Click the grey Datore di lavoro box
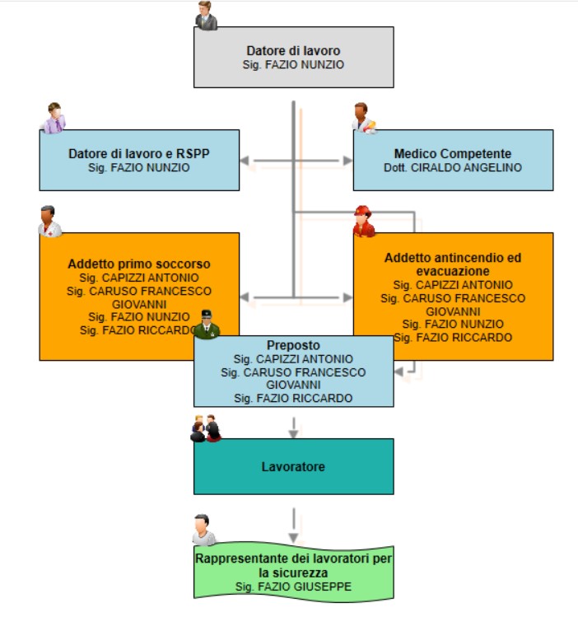[x=294, y=57]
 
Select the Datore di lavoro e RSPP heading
[x=139, y=154]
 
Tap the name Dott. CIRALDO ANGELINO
[x=453, y=167]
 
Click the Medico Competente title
[x=453, y=154]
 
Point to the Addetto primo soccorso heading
[x=139, y=264]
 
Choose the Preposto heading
[x=294, y=345]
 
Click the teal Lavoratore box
[x=294, y=466]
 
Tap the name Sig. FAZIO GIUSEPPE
[x=294, y=587]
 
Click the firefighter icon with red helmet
[x=364, y=222]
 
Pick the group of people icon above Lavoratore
[x=206, y=428]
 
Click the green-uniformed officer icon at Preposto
[x=207, y=325]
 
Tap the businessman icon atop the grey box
[x=207, y=16]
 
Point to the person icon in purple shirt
[x=54, y=118]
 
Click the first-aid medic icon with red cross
[x=50, y=222]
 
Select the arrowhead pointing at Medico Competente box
[x=348, y=161]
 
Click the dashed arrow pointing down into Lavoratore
[x=294, y=428]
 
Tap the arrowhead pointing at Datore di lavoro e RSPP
[x=245, y=161]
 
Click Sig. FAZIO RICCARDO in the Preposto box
[x=294, y=399]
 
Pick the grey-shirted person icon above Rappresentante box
[x=204, y=530]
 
